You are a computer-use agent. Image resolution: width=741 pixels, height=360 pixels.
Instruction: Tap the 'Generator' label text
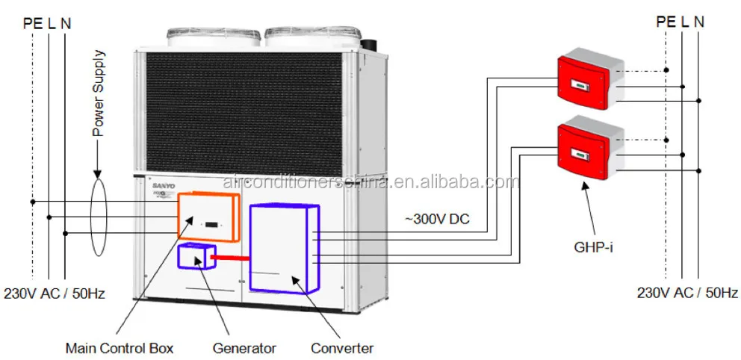pos(244,348)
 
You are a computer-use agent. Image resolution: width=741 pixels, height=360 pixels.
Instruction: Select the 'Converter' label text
pos(342,348)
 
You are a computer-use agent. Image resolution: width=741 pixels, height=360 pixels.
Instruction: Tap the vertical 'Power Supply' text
pos(99,93)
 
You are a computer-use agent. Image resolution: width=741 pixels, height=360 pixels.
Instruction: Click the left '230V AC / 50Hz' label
pos(53,294)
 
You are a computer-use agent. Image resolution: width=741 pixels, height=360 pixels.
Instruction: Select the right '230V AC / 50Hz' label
pos(687,293)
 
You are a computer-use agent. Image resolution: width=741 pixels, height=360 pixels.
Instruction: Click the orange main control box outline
pos(208,217)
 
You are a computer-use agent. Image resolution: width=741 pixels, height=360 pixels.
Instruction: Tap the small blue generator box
pos(196,256)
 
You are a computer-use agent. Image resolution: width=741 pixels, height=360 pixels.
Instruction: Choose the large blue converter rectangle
pos(283,246)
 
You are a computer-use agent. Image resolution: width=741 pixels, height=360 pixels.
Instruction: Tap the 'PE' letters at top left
pos(32,22)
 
